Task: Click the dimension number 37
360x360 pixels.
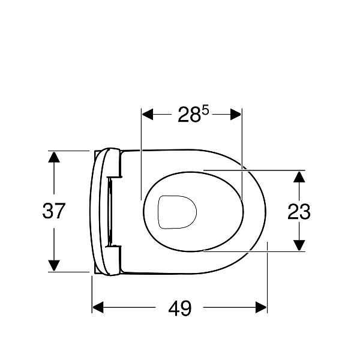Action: click(x=54, y=211)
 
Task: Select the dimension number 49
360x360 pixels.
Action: click(x=179, y=308)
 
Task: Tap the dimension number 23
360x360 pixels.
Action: click(x=299, y=211)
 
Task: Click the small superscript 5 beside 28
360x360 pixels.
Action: click(x=206, y=111)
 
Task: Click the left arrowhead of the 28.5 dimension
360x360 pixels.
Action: click(x=148, y=115)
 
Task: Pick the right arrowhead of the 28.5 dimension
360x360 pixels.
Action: click(x=236, y=115)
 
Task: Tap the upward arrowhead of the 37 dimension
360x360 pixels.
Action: click(x=54, y=157)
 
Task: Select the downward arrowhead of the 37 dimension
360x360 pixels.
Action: click(x=54, y=266)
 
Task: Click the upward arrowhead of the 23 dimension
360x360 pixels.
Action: click(x=299, y=177)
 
